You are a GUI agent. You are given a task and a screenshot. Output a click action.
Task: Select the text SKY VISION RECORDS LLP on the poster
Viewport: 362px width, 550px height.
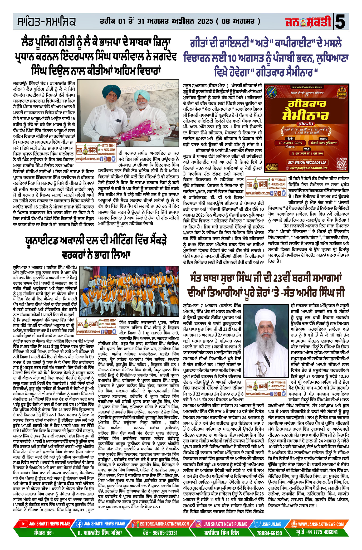(307, 163)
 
